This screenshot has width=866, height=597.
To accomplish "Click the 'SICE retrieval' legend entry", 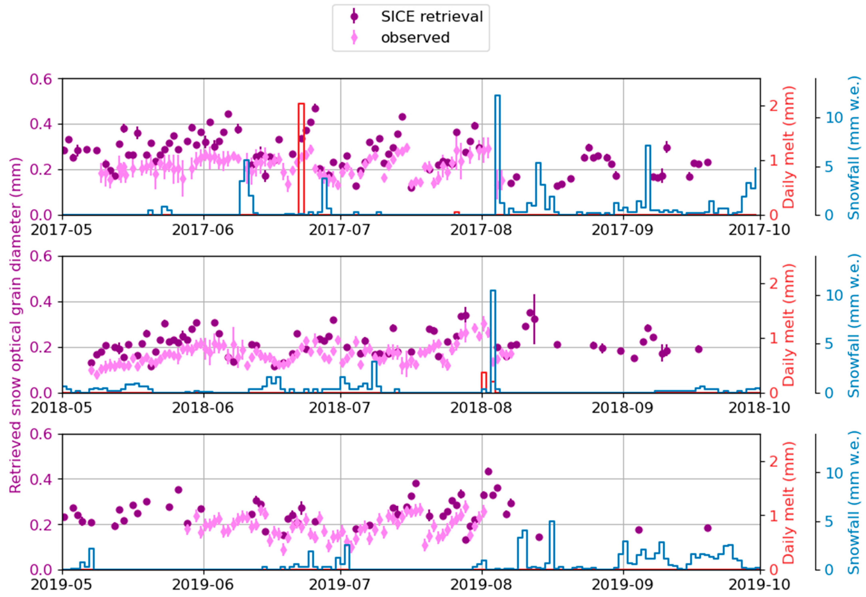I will point(431,17).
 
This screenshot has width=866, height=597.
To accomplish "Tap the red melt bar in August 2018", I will point(484,382).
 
